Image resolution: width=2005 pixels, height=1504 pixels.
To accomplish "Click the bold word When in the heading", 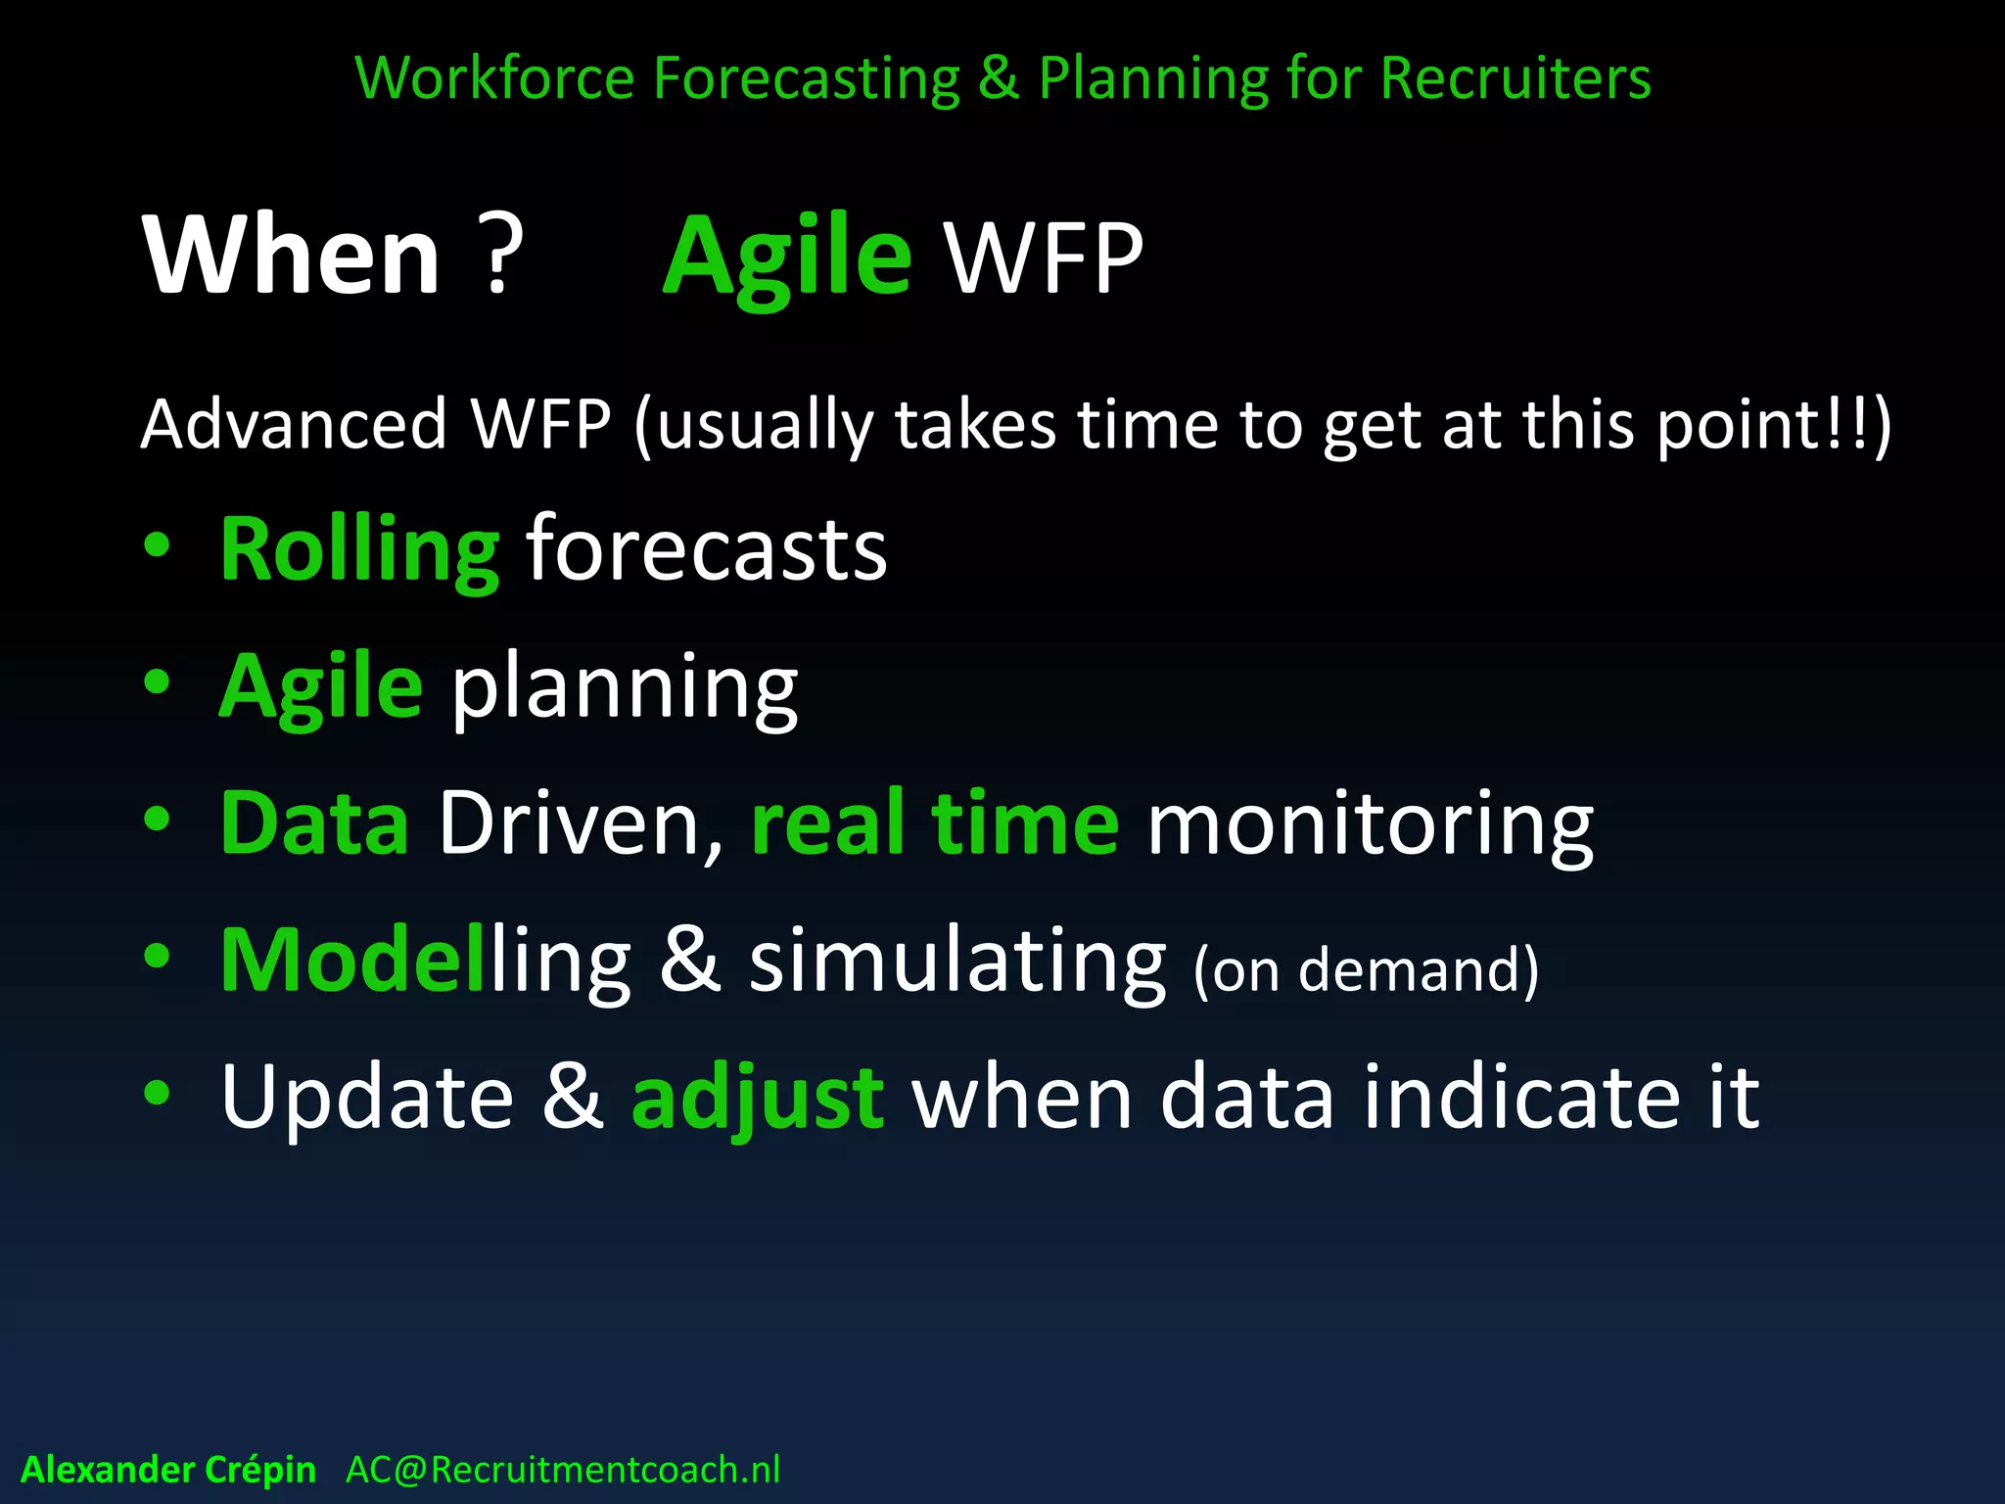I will [292, 257].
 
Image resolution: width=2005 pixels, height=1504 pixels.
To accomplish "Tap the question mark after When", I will [499, 257].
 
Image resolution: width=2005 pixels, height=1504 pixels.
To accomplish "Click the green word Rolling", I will [359, 550].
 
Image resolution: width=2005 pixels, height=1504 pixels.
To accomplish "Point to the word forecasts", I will [706, 550].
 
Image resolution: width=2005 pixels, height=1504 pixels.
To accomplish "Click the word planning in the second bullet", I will [624, 688].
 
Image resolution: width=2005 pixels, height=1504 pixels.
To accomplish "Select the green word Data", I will [314, 823].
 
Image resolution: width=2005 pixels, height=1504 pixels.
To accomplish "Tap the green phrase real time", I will [934, 823].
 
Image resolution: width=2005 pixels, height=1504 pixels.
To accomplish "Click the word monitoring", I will [1370, 825].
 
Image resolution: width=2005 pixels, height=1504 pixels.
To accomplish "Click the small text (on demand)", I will [1366, 969].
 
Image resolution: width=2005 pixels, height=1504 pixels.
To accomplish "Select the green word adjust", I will [759, 1099].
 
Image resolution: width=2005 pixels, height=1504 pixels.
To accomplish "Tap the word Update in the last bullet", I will [367, 1099].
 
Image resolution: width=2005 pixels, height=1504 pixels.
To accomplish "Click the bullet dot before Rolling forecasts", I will [157, 545].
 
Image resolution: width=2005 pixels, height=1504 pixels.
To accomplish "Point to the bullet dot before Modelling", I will [157, 956].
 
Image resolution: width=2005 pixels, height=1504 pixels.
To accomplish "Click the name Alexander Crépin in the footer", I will [168, 1470].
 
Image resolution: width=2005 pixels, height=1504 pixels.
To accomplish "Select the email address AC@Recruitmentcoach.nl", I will [563, 1470].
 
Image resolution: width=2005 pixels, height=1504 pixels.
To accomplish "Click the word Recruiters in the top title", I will [1515, 78].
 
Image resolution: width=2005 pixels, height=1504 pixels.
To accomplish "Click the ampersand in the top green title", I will [998, 78].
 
